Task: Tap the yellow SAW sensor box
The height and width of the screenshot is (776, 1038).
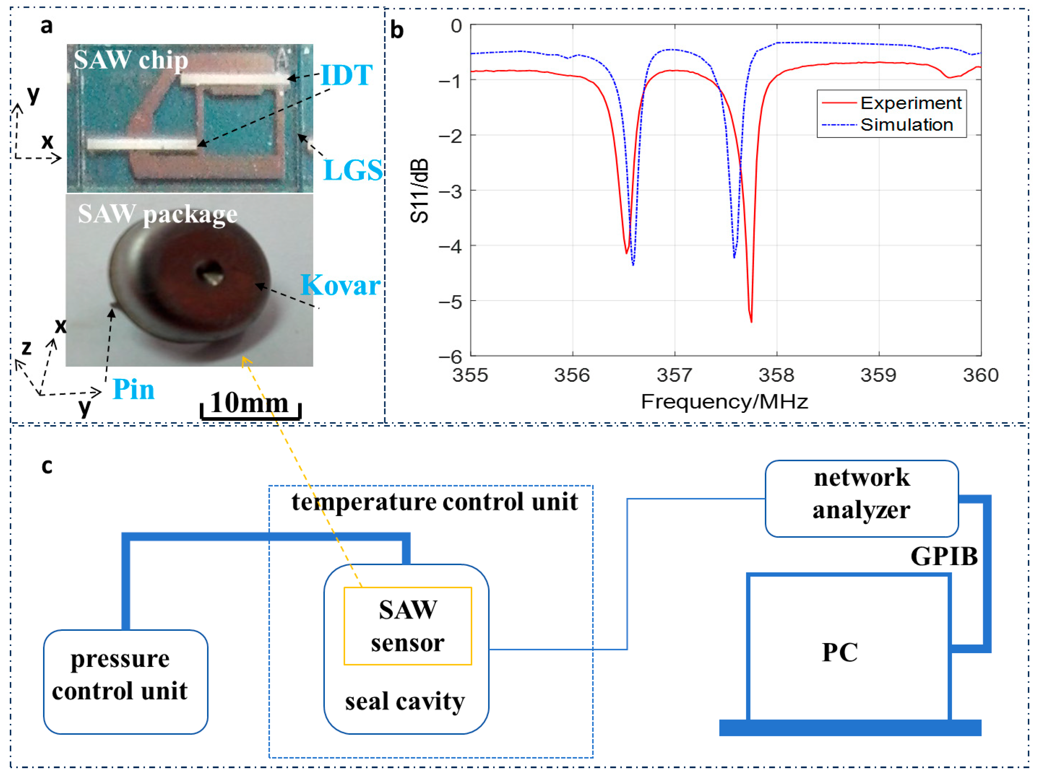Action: [407, 626]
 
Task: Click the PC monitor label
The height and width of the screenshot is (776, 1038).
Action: [839, 652]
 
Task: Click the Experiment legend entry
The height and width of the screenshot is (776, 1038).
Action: [910, 103]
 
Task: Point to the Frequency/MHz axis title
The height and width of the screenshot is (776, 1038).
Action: [724, 402]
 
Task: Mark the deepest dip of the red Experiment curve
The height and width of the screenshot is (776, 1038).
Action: [751, 321]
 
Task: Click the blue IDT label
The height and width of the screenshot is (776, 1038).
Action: [346, 75]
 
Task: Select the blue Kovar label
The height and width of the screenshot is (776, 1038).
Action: [340, 285]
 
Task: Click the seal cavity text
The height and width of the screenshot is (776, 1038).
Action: [405, 702]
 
